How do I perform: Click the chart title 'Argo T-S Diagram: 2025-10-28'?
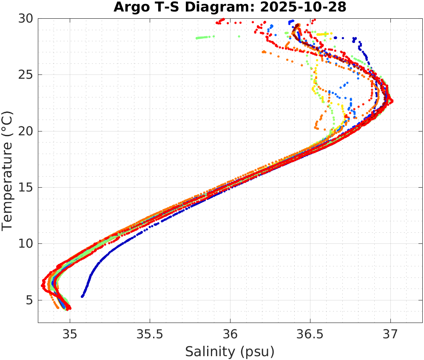(x=230, y=7)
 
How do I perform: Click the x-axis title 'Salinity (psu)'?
(x=230, y=351)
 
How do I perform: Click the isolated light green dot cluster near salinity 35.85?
(x=205, y=37)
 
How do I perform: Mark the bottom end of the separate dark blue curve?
(x=82, y=296)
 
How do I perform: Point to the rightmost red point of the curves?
(x=392, y=101)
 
